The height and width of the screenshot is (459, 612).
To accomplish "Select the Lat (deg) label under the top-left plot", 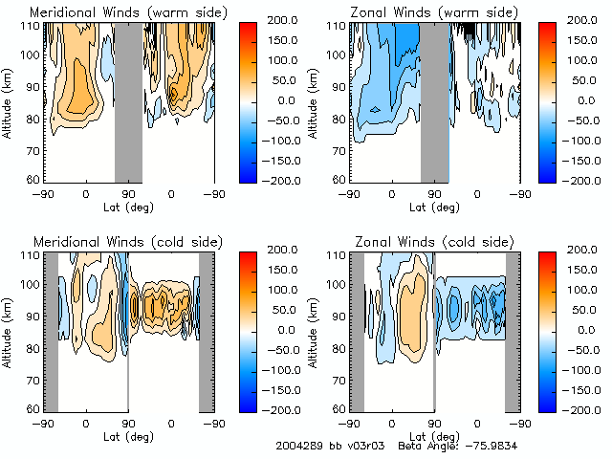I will point(128,205).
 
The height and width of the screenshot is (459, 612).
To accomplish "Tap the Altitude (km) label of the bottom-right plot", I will point(316,328).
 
